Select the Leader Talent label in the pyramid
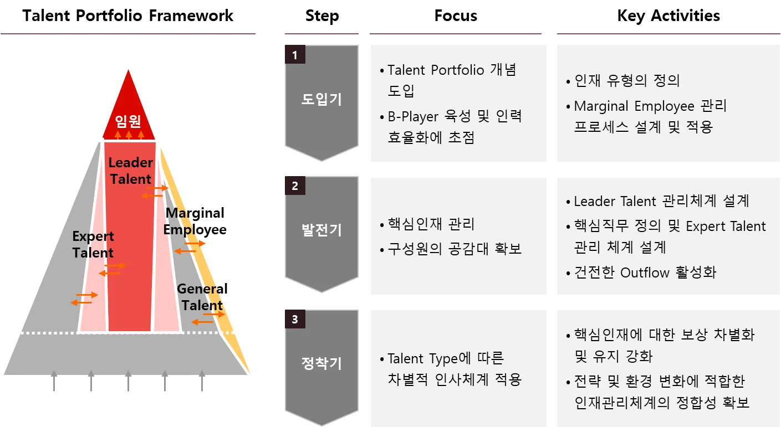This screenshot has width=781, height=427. [130, 171]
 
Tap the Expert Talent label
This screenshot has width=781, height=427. [93, 244]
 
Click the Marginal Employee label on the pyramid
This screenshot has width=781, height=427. [183, 221]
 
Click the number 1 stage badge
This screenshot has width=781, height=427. [295, 55]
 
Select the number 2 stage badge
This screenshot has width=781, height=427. [295, 186]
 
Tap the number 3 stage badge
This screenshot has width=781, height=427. [295, 319]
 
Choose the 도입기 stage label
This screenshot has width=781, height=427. [321, 100]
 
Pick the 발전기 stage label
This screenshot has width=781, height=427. [321, 230]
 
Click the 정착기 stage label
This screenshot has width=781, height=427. [321, 363]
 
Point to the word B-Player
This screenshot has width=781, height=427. [411, 117]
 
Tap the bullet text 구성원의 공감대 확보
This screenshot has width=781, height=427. [455, 249]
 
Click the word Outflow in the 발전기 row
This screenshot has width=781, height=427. [644, 272]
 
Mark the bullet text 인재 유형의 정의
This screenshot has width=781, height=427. [626, 81]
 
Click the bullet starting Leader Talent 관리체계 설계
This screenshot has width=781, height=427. [661, 201]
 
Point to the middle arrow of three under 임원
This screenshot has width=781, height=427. [129, 134]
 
